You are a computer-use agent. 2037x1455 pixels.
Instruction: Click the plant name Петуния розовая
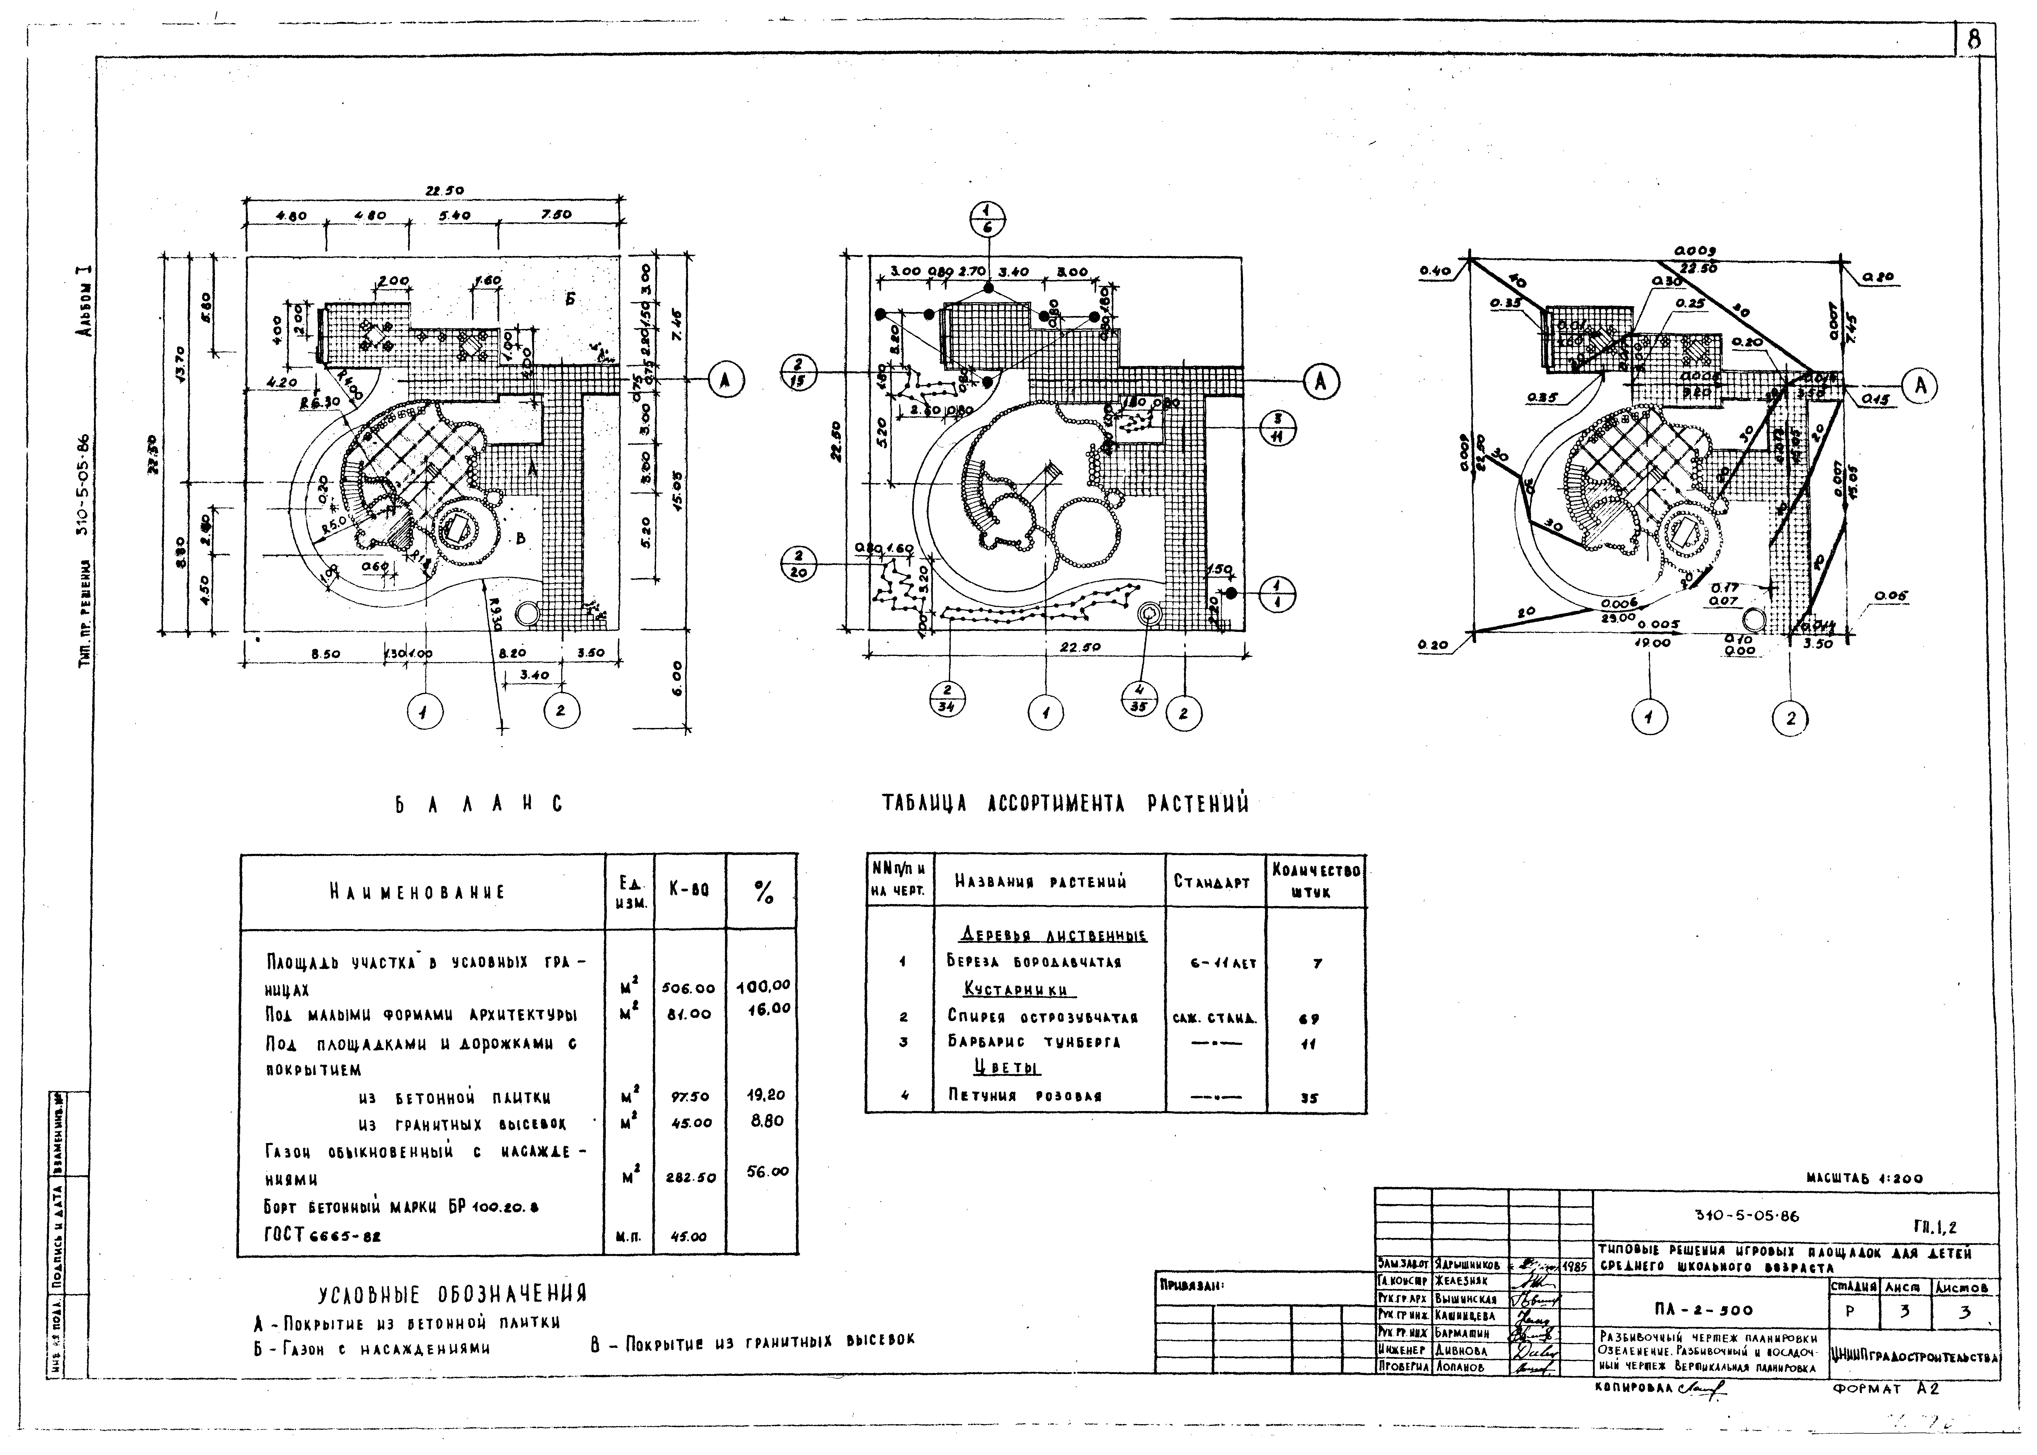coord(1024,1095)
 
